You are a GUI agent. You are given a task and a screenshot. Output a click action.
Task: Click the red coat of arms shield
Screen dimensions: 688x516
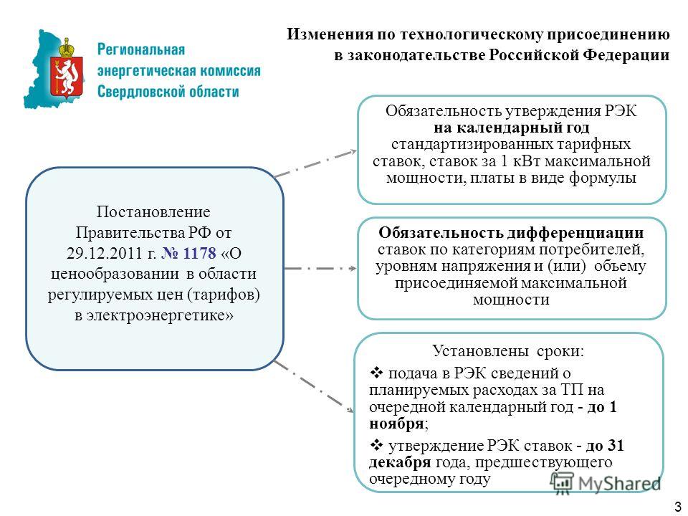tap(67, 76)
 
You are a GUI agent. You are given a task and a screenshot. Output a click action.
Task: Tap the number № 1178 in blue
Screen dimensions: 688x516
tap(189, 253)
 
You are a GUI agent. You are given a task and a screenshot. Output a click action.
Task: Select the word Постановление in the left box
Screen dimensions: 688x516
tap(153, 212)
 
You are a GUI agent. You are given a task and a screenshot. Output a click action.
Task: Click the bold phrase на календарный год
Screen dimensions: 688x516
tap(512, 128)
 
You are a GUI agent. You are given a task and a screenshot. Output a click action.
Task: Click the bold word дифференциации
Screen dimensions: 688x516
tap(575, 232)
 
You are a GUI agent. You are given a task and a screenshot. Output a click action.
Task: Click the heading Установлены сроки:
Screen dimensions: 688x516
tap(508, 351)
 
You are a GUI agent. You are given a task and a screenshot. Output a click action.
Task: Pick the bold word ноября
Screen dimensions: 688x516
tap(396, 424)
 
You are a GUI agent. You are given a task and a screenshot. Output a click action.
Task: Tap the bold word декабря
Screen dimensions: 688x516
tap(400, 462)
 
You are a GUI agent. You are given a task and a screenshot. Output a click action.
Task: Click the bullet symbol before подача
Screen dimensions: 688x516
tap(376, 373)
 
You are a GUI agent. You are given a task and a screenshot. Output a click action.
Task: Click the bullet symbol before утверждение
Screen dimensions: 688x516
tap(376, 445)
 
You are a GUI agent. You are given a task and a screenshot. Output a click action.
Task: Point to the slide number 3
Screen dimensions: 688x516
tap(679, 505)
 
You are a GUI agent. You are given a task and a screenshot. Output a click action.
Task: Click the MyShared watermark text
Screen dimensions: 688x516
tap(619, 484)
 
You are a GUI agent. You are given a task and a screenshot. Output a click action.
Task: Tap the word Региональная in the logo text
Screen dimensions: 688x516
tap(141, 49)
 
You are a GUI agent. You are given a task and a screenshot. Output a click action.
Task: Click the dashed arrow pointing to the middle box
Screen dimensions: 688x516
tap(320, 268)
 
